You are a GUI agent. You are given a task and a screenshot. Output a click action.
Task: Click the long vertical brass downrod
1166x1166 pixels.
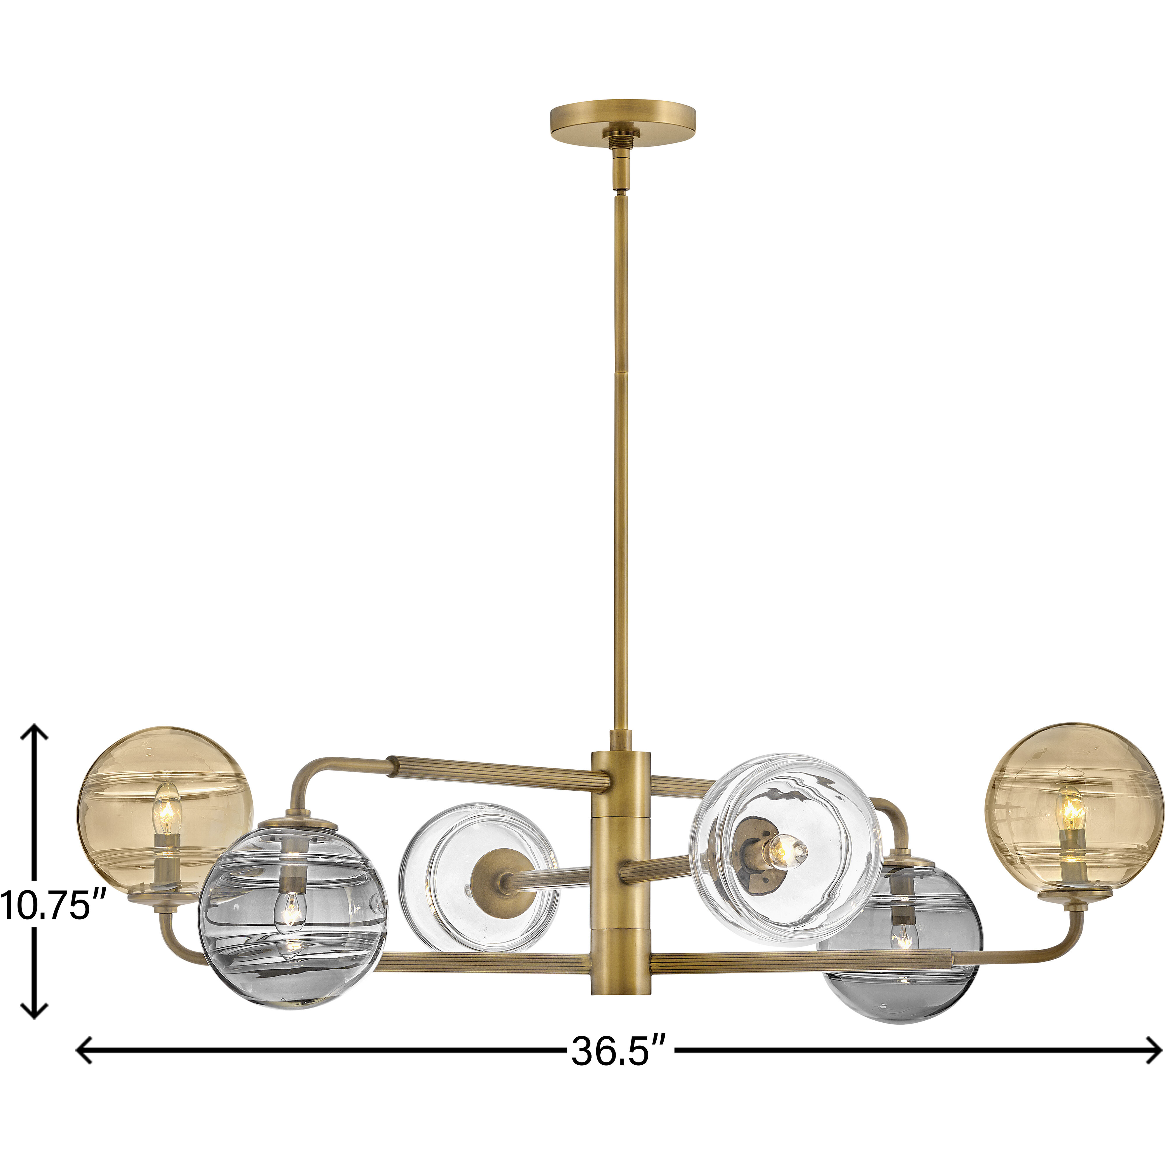click(x=621, y=453)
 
